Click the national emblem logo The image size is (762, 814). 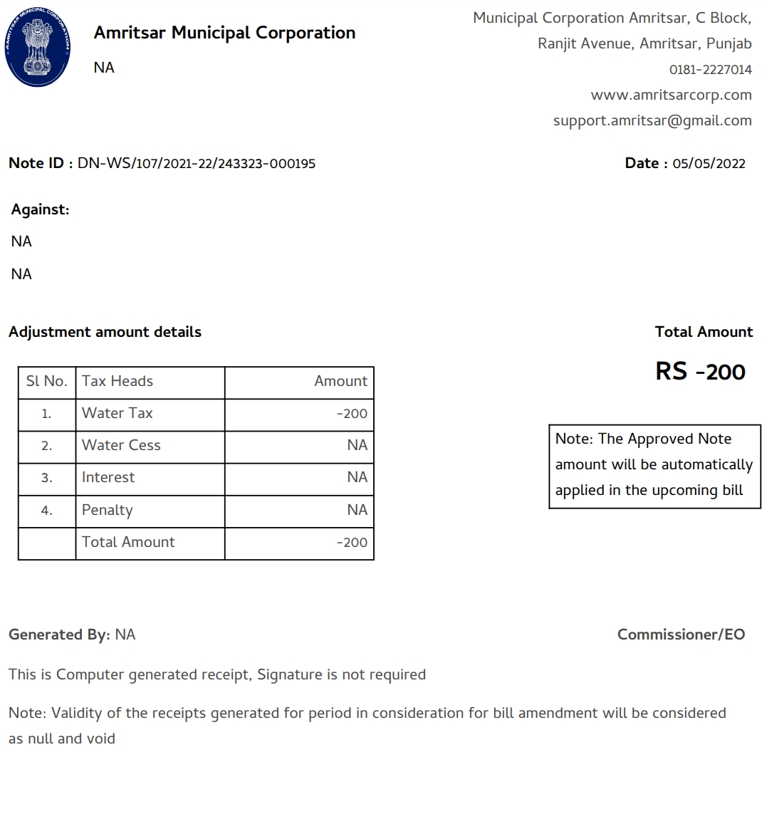tap(37, 48)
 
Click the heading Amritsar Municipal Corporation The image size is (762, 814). tap(224, 33)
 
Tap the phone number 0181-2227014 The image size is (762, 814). tap(710, 70)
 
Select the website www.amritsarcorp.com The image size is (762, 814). tap(671, 95)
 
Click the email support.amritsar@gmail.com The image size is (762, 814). tap(652, 120)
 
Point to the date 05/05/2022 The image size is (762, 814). tap(709, 163)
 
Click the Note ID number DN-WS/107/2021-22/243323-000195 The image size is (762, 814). tap(196, 163)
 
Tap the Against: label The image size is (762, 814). tap(40, 209)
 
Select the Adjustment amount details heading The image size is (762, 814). tap(105, 332)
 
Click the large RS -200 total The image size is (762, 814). tap(700, 371)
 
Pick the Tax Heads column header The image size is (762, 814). tap(118, 381)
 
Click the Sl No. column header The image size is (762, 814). tap(46, 381)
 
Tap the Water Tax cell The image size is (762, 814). tap(118, 413)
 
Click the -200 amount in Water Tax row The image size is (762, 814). tap(352, 414)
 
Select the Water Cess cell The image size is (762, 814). tap(121, 445)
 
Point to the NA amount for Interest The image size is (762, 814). tap(357, 477)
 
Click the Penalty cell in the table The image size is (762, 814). tap(107, 510)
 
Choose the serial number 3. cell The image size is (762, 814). tap(46, 478)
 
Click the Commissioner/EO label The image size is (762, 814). tap(681, 635)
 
